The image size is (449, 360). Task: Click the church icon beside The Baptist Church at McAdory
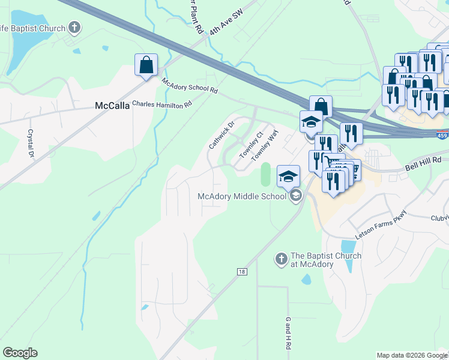[280, 259]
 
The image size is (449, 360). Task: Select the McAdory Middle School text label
[243, 196]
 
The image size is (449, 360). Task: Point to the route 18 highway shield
[241, 272]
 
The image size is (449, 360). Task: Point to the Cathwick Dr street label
[220, 137]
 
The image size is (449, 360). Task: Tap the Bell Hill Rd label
[423, 160]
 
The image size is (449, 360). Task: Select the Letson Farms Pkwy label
[381, 225]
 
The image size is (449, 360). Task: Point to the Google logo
[20, 353]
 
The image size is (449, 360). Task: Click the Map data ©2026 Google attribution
[411, 355]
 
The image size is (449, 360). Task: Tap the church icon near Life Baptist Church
[74, 27]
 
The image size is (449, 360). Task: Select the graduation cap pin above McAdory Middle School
[288, 176]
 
